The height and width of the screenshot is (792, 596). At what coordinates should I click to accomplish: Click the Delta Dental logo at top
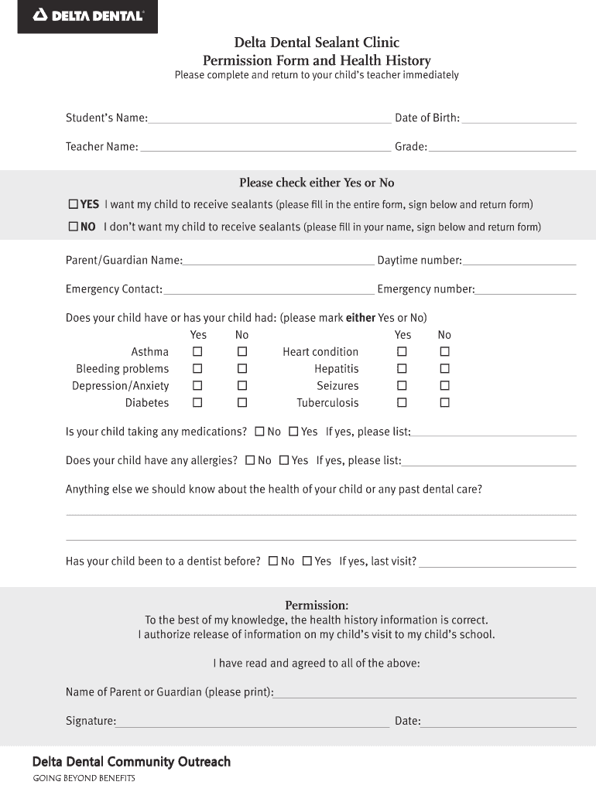click(x=87, y=15)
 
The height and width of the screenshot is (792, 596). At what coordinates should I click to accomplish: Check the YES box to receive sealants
click(x=74, y=205)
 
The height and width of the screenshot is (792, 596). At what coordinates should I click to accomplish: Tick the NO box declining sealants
click(x=74, y=227)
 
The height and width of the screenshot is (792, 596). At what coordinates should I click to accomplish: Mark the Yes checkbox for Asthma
click(x=197, y=352)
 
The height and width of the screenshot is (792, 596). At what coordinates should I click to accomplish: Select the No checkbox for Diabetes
click(x=242, y=403)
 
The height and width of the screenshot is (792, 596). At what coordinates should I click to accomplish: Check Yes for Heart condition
click(x=402, y=352)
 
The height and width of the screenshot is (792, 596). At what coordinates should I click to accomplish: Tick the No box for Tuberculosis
click(x=445, y=403)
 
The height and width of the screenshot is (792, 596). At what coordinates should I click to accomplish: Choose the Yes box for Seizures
click(x=402, y=386)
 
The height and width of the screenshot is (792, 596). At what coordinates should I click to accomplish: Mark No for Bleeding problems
click(x=242, y=369)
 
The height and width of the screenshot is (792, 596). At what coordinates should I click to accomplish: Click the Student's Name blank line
click(x=269, y=119)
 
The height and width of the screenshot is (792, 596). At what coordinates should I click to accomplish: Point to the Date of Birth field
click(x=519, y=119)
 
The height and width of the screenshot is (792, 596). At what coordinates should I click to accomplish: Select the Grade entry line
click(x=502, y=147)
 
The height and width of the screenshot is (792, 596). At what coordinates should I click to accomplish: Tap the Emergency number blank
click(x=526, y=290)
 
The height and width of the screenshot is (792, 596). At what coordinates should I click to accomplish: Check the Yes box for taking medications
click(x=293, y=432)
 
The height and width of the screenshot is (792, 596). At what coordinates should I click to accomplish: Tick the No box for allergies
click(x=250, y=460)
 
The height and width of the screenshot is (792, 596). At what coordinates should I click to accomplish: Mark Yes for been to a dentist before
click(x=307, y=562)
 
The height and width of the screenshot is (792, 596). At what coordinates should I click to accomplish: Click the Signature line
click(x=252, y=722)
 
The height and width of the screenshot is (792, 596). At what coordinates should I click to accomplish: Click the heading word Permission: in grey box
click(x=317, y=605)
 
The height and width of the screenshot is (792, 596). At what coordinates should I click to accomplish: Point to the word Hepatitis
click(x=337, y=369)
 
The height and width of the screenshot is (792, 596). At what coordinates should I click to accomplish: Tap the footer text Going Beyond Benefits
click(x=84, y=778)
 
